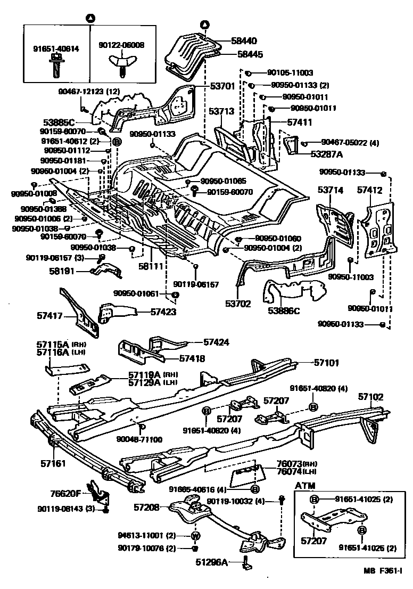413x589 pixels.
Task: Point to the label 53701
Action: pos(208,86)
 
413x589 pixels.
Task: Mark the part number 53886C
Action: pos(284,310)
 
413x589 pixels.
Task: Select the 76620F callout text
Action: pos(66,493)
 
